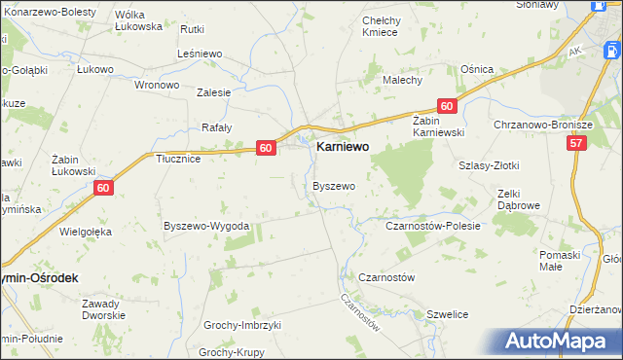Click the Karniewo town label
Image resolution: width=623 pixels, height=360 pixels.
[x=347, y=147]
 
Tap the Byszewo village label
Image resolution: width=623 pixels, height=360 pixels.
[x=334, y=185]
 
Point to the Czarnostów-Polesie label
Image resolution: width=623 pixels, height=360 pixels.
[x=434, y=226]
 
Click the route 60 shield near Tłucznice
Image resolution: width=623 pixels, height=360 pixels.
[x=267, y=148]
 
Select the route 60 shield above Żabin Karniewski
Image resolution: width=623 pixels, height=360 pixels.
[x=446, y=106]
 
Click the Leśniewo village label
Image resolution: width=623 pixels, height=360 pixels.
[x=202, y=54]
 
